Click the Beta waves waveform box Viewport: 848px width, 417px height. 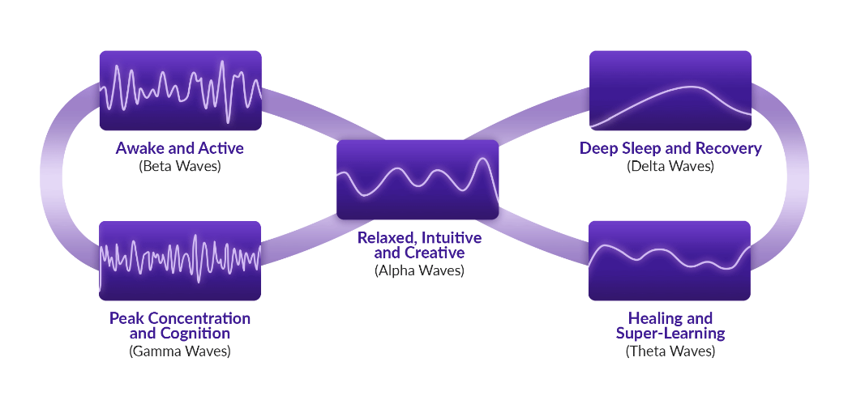181,90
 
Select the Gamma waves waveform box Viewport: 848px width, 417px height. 180,261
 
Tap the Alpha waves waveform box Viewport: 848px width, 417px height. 418,179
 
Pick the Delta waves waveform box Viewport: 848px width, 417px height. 670,90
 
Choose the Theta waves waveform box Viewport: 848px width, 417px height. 670,261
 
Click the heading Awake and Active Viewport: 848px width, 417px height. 179,148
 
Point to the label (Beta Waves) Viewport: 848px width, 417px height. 180,166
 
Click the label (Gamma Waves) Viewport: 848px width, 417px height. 179,351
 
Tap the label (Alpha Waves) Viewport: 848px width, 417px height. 419,270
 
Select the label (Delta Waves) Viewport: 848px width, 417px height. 670,166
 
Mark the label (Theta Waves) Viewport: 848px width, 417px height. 670,351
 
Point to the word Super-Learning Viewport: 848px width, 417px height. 670,334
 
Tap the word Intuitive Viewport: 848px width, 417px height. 451,238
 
